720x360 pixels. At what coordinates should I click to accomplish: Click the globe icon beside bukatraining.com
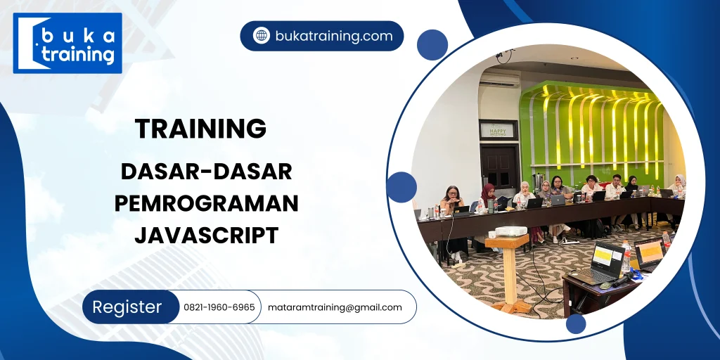coord(262,36)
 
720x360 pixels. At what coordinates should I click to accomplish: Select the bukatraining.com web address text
coord(333,36)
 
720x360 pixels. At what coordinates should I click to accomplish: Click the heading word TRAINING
coord(200,129)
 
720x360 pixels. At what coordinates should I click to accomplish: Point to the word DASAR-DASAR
coord(206,171)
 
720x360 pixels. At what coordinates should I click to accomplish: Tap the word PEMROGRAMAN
coord(206,203)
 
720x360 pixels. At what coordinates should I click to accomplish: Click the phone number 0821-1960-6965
coord(219,307)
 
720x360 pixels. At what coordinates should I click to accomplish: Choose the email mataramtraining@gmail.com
coord(335,307)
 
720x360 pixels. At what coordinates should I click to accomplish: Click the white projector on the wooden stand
coord(510,231)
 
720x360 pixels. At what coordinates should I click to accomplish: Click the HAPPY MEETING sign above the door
coord(498,129)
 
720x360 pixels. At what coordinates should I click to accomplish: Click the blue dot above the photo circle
coord(432,44)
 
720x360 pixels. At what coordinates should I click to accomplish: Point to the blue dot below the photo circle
coord(576,323)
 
